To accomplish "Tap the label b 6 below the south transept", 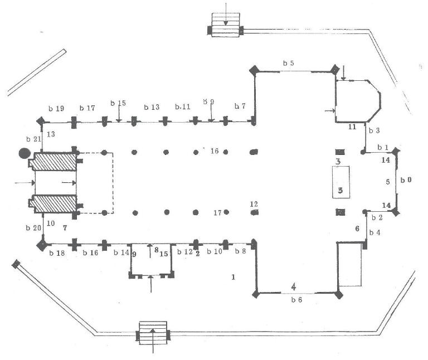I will (296, 300).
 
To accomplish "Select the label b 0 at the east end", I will (407, 181).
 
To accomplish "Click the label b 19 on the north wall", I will (57, 108).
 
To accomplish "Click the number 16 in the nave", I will (215, 151).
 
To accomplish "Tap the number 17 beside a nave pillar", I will (218, 213).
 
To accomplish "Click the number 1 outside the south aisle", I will (234, 276).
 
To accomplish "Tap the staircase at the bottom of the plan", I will (154, 333).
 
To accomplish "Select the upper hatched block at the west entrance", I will (55, 161).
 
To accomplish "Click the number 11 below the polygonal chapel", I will (352, 128).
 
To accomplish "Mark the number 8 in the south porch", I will (157, 250).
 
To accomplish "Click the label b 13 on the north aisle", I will (152, 107).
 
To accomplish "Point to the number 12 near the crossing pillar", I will (254, 203).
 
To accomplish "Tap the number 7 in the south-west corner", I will (65, 228).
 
